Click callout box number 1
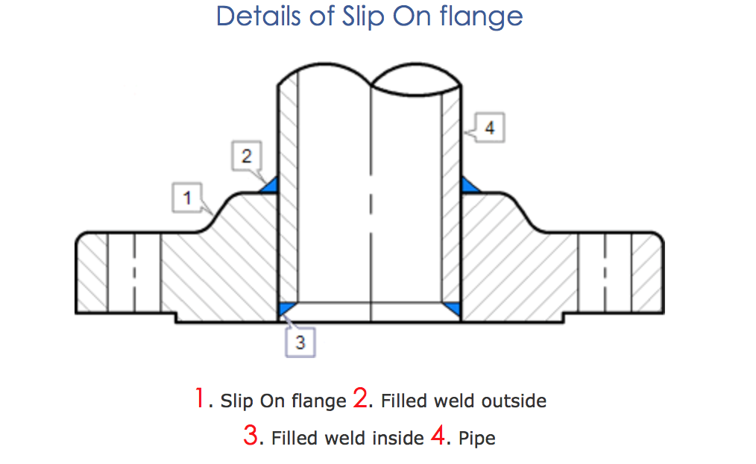tap(187, 198)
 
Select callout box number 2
tap(247, 157)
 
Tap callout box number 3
tap(300, 342)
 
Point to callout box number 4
tap(489, 128)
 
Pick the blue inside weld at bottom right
tap(451, 307)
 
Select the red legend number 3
tap(251, 435)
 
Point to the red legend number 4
tap(438, 435)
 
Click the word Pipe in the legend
tap(477, 438)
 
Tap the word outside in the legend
tap(514, 401)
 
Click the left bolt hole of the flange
tap(133, 272)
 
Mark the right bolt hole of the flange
tap(604, 272)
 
